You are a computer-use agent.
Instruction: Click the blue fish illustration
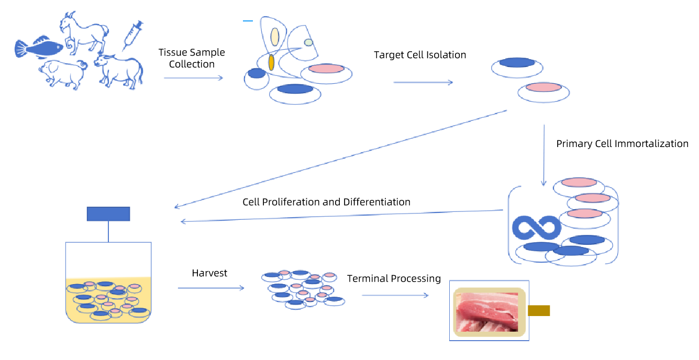pos(39,48)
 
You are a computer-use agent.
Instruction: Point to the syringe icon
pos(132,35)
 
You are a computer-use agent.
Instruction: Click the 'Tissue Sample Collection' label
pos(192,58)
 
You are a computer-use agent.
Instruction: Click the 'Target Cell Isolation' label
pos(420,55)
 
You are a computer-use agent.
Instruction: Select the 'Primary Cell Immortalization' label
pos(622,143)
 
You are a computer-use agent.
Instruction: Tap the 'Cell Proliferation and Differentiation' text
pos(326,202)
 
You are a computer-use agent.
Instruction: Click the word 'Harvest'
pos(209,273)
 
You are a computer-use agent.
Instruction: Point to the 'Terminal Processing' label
pos(394,278)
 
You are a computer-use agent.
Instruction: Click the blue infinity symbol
pos(536,228)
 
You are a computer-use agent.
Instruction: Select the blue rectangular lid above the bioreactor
pos(108,214)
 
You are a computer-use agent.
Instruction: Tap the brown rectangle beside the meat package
pos(539,310)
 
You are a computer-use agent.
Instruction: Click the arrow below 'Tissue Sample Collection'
pos(194,77)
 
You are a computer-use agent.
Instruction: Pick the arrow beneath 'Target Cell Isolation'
pos(423,82)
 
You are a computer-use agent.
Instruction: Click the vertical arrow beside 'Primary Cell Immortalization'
pos(544,155)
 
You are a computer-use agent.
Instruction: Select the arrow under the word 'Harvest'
pos(211,288)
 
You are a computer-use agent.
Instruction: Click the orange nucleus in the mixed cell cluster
pos(272,62)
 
